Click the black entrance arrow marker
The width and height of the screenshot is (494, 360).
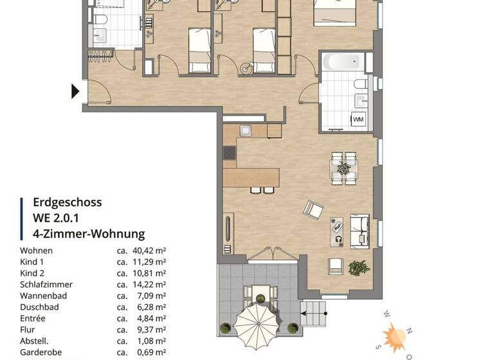coord(75,92)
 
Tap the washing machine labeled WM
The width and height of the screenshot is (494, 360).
coord(357,119)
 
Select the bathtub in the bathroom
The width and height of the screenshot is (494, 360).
coord(343,62)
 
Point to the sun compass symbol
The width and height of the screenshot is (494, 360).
coord(394,336)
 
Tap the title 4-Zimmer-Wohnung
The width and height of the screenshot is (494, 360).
coord(89,234)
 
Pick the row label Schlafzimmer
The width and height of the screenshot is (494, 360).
coord(46,284)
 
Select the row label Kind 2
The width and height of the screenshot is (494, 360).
coord(32,273)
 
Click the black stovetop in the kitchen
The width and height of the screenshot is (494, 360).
coord(230,153)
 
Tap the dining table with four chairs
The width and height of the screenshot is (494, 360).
coord(344,168)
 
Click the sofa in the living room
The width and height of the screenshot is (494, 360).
coord(360,231)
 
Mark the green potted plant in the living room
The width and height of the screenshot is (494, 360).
coord(359,267)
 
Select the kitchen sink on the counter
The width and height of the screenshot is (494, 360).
coord(246,130)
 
